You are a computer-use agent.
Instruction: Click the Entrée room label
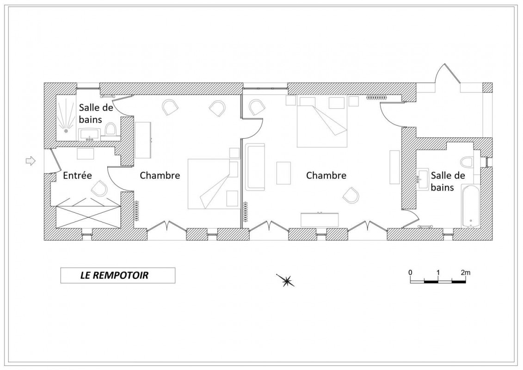[x=77, y=175]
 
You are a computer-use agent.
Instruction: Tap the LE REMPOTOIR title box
[x=118, y=276]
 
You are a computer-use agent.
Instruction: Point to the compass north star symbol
[x=286, y=281]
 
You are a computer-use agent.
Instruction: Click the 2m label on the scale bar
[x=466, y=272]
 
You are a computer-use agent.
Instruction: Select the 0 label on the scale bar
[x=410, y=272]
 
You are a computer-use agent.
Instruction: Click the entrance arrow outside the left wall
[x=31, y=161]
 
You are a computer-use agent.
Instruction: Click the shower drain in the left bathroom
[x=66, y=131]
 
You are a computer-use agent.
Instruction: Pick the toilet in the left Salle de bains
[x=111, y=129]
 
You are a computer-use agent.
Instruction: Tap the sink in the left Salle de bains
[x=89, y=135]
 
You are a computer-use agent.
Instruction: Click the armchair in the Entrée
[x=99, y=189]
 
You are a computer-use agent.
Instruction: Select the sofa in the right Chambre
[x=255, y=167]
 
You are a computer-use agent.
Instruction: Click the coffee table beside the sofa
[x=283, y=173]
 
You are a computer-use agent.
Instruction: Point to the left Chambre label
[x=160, y=175]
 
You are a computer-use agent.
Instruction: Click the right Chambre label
[x=326, y=175]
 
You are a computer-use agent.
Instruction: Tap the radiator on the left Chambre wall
[x=136, y=210]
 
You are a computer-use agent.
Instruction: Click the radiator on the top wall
[x=376, y=98]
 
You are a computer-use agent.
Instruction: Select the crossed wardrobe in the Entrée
[x=88, y=217]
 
